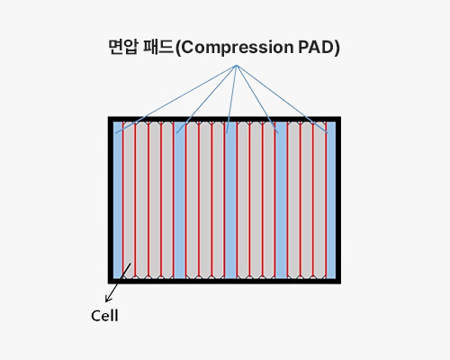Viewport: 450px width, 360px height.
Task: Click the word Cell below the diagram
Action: (104, 316)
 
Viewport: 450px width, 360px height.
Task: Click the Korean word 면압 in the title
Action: (123, 47)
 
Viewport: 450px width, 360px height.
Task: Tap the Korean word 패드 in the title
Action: (158, 47)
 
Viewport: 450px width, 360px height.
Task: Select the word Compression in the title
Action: (238, 48)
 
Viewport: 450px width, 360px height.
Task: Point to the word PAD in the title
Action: (316, 47)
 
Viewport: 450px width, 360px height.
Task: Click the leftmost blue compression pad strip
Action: (118, 200)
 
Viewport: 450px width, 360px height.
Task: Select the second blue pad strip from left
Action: (179, 200)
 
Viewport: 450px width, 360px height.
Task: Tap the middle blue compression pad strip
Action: (230, 200)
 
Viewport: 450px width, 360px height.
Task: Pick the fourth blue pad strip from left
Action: (281, 200)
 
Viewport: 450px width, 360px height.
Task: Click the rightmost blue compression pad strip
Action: (331, 200)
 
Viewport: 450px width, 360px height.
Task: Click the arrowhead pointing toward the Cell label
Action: (108, 299)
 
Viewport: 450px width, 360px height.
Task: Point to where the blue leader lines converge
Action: (237, 66)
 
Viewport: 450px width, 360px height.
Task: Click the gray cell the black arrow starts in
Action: (129, 200)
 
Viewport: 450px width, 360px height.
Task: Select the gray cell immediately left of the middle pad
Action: (218, 200)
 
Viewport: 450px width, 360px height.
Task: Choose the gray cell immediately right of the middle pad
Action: (243, 200)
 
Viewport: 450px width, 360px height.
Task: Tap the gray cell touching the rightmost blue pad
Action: (319, 200)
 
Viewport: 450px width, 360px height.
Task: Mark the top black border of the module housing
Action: (224, 119)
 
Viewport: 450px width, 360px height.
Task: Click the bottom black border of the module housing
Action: (224, 281)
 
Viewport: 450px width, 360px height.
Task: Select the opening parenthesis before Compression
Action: (178, 48)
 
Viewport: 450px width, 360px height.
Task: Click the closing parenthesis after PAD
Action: (337, 48)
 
